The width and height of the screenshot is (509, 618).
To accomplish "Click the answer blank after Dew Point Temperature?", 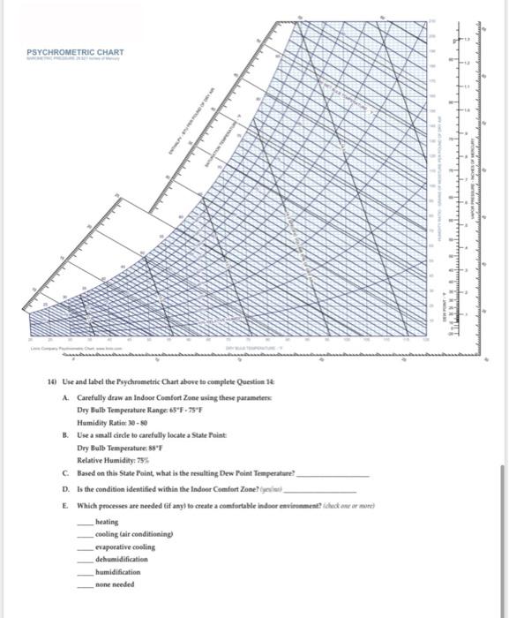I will [332, 475].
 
